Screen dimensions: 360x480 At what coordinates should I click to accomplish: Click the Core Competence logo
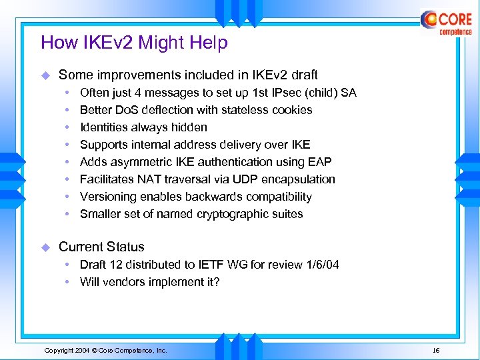pyautogui.click(x=446, y=23)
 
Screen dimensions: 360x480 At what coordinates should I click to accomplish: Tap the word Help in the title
pyautogui.click(x=209, y=43)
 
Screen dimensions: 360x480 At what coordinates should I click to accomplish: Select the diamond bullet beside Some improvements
pyautogui.click(x=46, y=75)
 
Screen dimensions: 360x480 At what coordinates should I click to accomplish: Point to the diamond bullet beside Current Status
pyautogui.click(x=46, y=247)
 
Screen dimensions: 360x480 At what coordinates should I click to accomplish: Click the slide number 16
pyautogui.click(x=436, y=350)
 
